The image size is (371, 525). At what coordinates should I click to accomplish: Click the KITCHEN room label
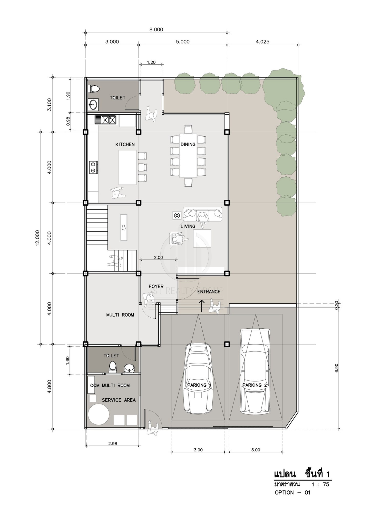tap(125, 145)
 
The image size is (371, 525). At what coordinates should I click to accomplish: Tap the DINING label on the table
tap(188, 145)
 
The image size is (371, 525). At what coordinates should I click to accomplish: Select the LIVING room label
tap(188, 226)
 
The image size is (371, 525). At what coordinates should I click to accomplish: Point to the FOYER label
tap(156, 286)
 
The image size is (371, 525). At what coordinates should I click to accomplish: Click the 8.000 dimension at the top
tap(156, 29)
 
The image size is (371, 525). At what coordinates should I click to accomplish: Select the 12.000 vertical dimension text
tap(37, 238)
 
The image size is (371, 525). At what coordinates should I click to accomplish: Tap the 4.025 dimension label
tap(262, 42)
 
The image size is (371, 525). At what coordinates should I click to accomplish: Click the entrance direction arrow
tap(202, 306)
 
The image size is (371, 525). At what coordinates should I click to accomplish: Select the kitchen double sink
tap(105, 120)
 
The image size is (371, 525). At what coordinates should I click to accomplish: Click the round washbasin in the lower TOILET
tap(129, 369)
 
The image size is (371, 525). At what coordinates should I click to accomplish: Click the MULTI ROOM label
tap(120, 315)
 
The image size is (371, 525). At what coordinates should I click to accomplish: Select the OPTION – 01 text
tap(292, 492)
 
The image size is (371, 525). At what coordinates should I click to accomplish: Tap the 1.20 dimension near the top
tap(151, 62)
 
